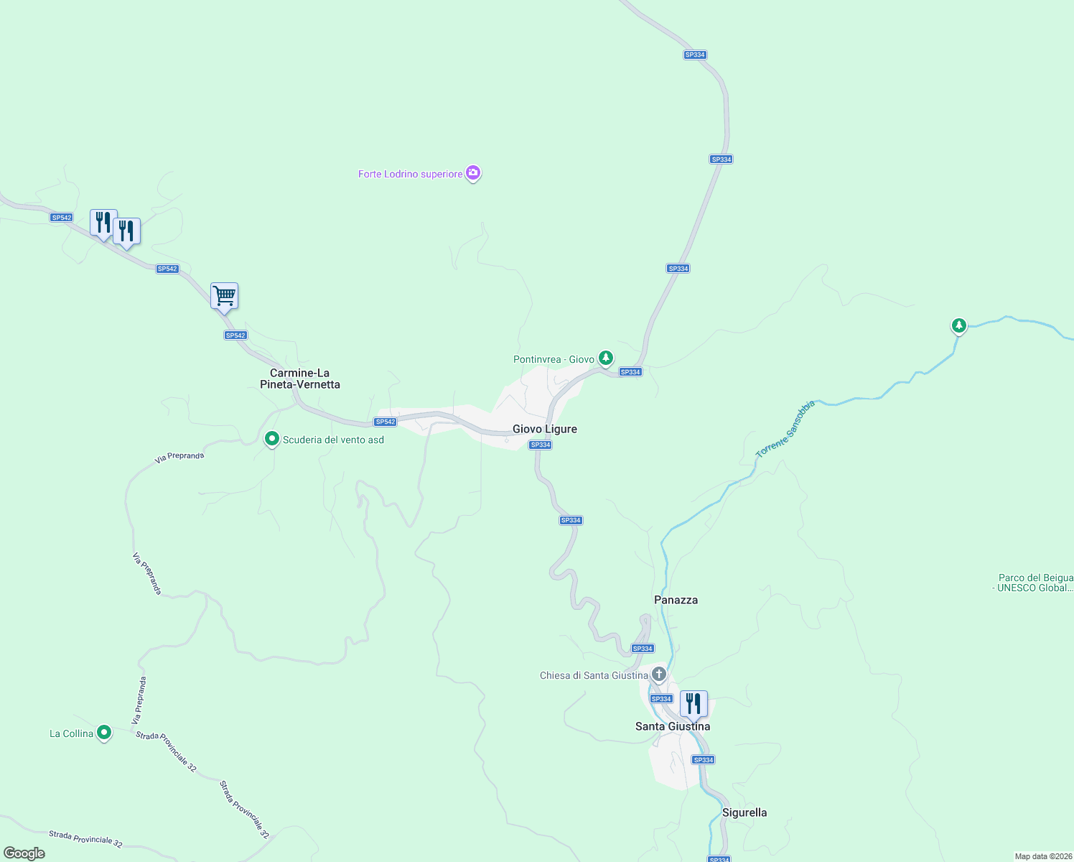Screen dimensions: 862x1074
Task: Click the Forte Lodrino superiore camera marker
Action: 472,173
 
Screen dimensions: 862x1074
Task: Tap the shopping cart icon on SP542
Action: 224,295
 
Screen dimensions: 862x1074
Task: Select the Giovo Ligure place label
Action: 545,429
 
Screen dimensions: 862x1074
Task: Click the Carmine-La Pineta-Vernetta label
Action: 300,379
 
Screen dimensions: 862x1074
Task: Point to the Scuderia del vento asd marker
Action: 272,439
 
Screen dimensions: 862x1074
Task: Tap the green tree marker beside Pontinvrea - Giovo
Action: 606,357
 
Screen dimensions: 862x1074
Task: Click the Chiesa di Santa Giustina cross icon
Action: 659,675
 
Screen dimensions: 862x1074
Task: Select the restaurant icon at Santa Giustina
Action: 694,703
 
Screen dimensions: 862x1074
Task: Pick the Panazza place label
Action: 676,600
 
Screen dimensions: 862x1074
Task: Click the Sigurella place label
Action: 744,812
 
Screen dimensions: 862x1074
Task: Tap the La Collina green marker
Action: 104,733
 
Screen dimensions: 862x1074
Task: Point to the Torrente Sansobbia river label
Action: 786,429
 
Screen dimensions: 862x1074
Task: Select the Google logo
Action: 24,853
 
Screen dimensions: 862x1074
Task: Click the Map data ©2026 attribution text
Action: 1043,856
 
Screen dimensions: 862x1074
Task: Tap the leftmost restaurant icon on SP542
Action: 103,222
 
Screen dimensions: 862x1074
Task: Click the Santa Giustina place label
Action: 673,726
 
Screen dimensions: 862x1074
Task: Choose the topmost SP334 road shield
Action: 695,55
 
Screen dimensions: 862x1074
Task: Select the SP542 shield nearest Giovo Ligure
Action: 386,422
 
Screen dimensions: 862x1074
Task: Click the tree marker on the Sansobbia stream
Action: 958,325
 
